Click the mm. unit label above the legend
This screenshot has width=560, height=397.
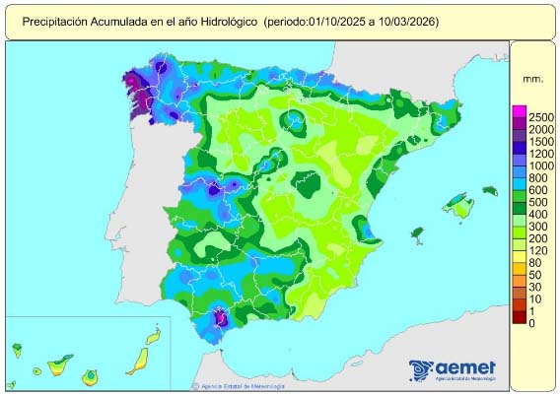tap(533, 75)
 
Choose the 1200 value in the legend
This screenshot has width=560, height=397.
tap(541, 155)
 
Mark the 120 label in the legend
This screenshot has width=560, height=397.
tap(537, 250)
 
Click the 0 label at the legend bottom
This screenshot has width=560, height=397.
tap(531, 323)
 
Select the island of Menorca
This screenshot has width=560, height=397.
tap(488, 190)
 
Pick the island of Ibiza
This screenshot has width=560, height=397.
tap(417, 233)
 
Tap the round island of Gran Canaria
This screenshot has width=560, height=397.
tap(91, 375)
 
